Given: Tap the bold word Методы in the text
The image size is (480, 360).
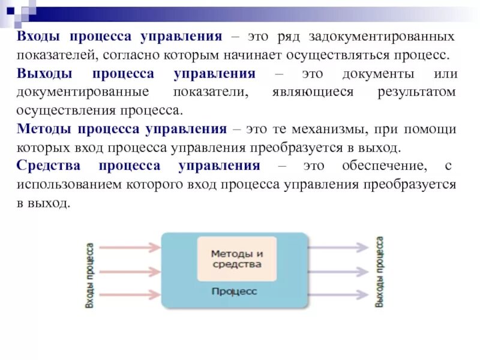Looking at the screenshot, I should click(x=45, y=129).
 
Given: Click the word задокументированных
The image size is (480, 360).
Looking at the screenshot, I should click(x=382, y=37).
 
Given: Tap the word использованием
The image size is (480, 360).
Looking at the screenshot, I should click(x=70, y=184).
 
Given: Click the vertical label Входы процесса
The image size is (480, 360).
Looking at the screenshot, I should click(x=89, y=275).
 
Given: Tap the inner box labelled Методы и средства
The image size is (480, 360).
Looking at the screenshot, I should click(x=237, y=259).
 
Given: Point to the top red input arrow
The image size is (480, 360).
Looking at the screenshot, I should click(x=130, y=247).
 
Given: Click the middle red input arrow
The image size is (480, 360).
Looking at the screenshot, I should click(x=130, y=271).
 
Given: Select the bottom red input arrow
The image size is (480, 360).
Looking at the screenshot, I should click(x=130, y=295).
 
